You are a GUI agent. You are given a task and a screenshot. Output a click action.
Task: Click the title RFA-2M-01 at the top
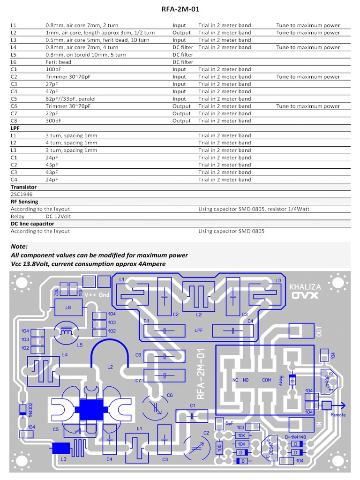pos(180,8)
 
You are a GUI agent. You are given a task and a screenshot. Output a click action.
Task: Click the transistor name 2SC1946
pos(22,194)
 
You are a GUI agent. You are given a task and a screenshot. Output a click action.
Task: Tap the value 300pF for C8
pos(53,121)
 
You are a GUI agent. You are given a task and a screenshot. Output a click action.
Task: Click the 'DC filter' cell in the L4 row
pos(182,47)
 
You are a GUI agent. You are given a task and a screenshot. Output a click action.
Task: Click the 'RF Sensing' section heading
pos(24,202)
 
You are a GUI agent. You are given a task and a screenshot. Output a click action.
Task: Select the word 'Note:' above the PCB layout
pos(19,247)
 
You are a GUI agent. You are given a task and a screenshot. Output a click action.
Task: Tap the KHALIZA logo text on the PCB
pos(305,286)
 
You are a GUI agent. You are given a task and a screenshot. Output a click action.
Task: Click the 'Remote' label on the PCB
pos(338,414)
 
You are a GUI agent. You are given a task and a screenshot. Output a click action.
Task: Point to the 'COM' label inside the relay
pos(267,380)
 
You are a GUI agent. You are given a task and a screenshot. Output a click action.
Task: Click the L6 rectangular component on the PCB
pos(68,307)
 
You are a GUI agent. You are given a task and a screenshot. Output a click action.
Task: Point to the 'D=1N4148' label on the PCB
pos(295,437)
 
